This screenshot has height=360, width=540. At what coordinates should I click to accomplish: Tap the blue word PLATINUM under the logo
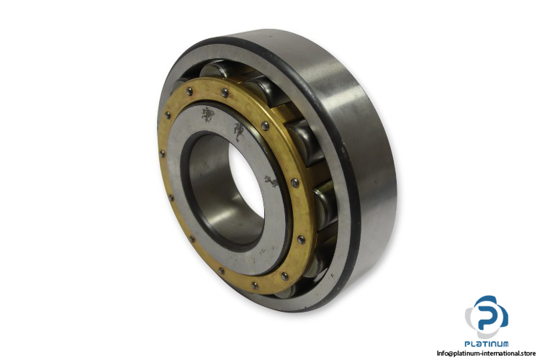[x=486, y=343]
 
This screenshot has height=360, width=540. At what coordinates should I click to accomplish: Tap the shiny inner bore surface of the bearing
[x=214, y=193]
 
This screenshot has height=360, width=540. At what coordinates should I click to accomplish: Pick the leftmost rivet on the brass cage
[x=161, y=153]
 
